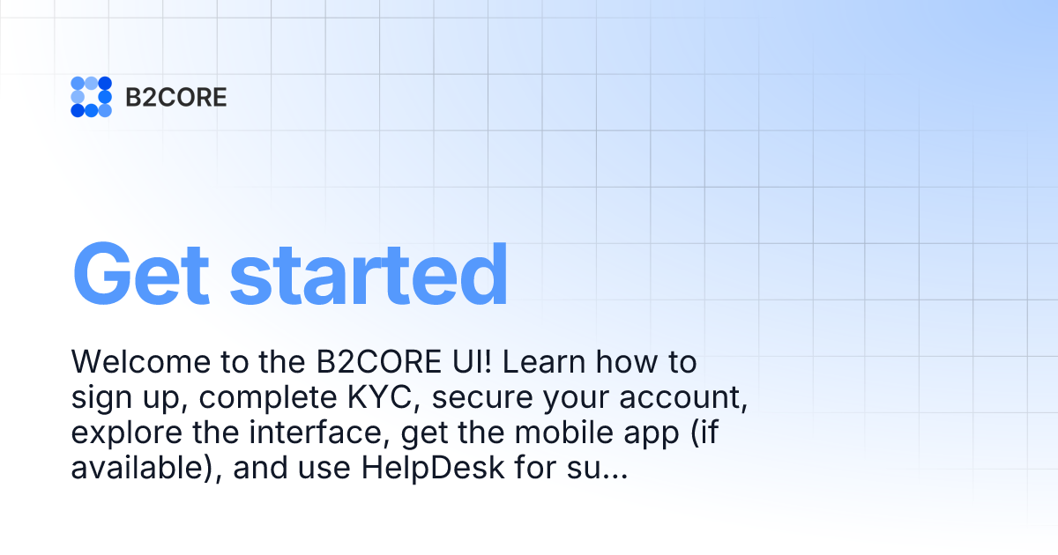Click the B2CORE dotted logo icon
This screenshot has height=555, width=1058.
[x=91, y=97]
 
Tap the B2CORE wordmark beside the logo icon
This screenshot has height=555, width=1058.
[x=176, y=97]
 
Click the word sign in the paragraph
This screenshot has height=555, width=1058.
[x=99, y=399]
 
